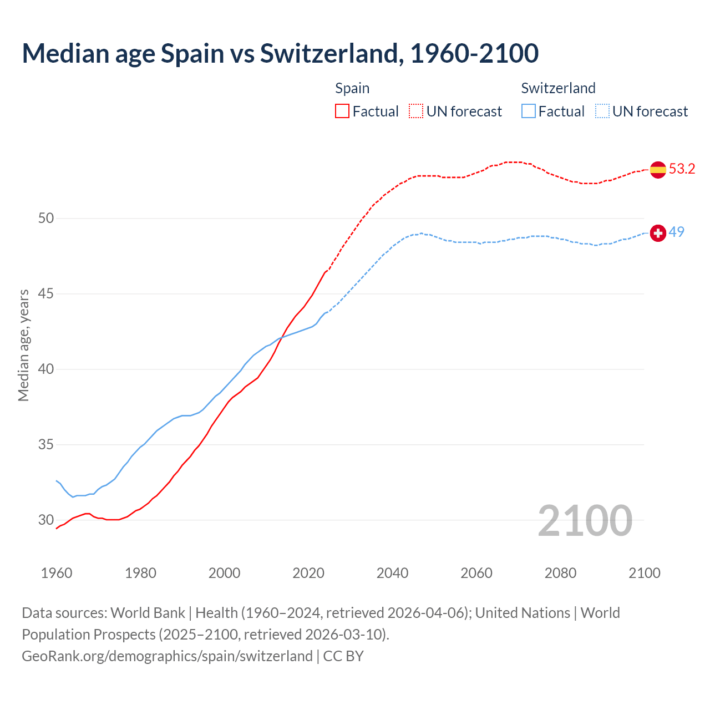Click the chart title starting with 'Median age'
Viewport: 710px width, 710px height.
[x=280, y=53]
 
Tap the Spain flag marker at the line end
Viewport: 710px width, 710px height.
[x=658, y=169]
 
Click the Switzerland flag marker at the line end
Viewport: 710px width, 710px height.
[x=658, y=233]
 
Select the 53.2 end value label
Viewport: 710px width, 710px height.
[x=682, y=169]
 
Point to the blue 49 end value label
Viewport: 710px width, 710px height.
[x=676, y=232]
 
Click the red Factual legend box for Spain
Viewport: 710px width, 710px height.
[x=342, y=111]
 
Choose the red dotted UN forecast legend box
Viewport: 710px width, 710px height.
[x=416, y=111]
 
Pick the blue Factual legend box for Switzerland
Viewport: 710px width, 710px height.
[x=529, y=111]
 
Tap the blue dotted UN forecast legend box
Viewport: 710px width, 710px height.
[x=602, y=111]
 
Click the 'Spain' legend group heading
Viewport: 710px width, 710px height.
[x=352, y=88]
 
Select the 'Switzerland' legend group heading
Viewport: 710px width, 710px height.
[x=558, y=88]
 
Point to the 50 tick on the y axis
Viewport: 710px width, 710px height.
[x=46, y=219]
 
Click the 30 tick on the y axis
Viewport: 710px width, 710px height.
[x=46, y=520]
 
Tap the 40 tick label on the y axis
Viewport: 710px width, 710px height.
[x=46, y=369]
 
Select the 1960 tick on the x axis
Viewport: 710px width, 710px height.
[x=57, y=573]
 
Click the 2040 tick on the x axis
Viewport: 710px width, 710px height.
[x=392, y=573]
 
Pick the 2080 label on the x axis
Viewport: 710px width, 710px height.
[x=560, y=573]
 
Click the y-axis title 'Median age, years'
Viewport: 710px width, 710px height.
[x=23, y=345]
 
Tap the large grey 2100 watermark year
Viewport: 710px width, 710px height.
[x=585, y=520]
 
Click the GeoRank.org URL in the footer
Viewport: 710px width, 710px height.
[x=167, y=656]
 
